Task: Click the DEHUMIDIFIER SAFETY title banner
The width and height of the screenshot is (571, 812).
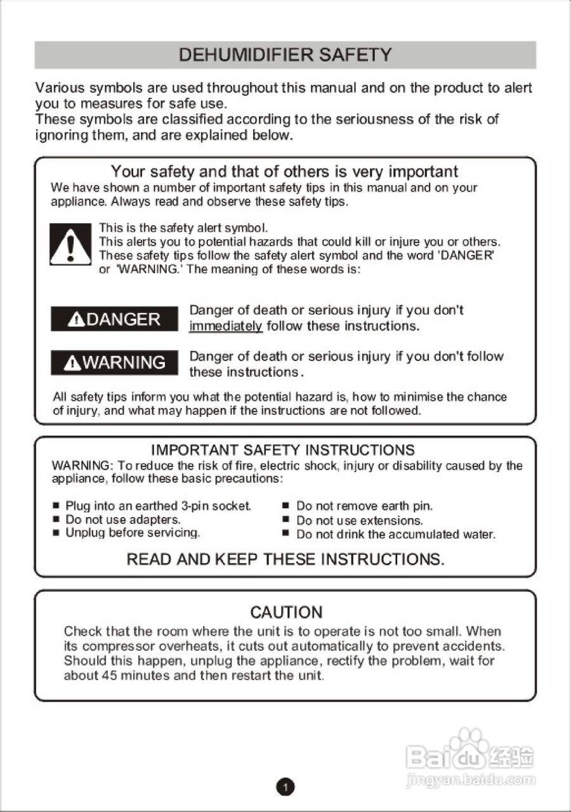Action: tap(285, 55)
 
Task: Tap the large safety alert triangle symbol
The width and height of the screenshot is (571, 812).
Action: tap(70, 244)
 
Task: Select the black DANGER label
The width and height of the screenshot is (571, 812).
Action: tap(114, 318)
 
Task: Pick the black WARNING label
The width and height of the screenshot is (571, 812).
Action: tap(114, 362)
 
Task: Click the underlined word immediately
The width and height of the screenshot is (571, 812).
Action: tap(225, 326)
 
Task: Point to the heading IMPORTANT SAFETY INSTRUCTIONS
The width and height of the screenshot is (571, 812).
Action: tap(283, 450)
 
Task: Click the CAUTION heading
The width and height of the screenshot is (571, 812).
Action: tap(286, 612)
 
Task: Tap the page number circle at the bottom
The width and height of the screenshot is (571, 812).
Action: tap(285, 787)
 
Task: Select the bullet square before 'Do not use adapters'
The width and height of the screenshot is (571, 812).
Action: tap(56, 520)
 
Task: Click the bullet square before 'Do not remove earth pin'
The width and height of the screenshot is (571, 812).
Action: tap(285, 506)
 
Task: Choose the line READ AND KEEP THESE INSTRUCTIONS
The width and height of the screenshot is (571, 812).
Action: tap(285, 559)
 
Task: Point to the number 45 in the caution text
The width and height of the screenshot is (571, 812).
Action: tap(109, 676)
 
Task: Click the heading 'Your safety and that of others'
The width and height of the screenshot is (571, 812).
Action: tap(284, 171)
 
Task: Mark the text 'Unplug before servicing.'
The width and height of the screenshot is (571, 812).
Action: tap(133, 533)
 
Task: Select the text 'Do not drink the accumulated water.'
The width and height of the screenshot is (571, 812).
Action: tap(395, 534)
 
